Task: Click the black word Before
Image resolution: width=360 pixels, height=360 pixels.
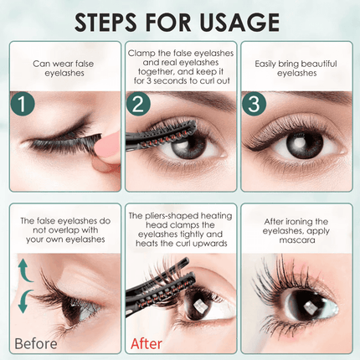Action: (35, 343)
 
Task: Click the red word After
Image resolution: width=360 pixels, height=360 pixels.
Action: (147, 343)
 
